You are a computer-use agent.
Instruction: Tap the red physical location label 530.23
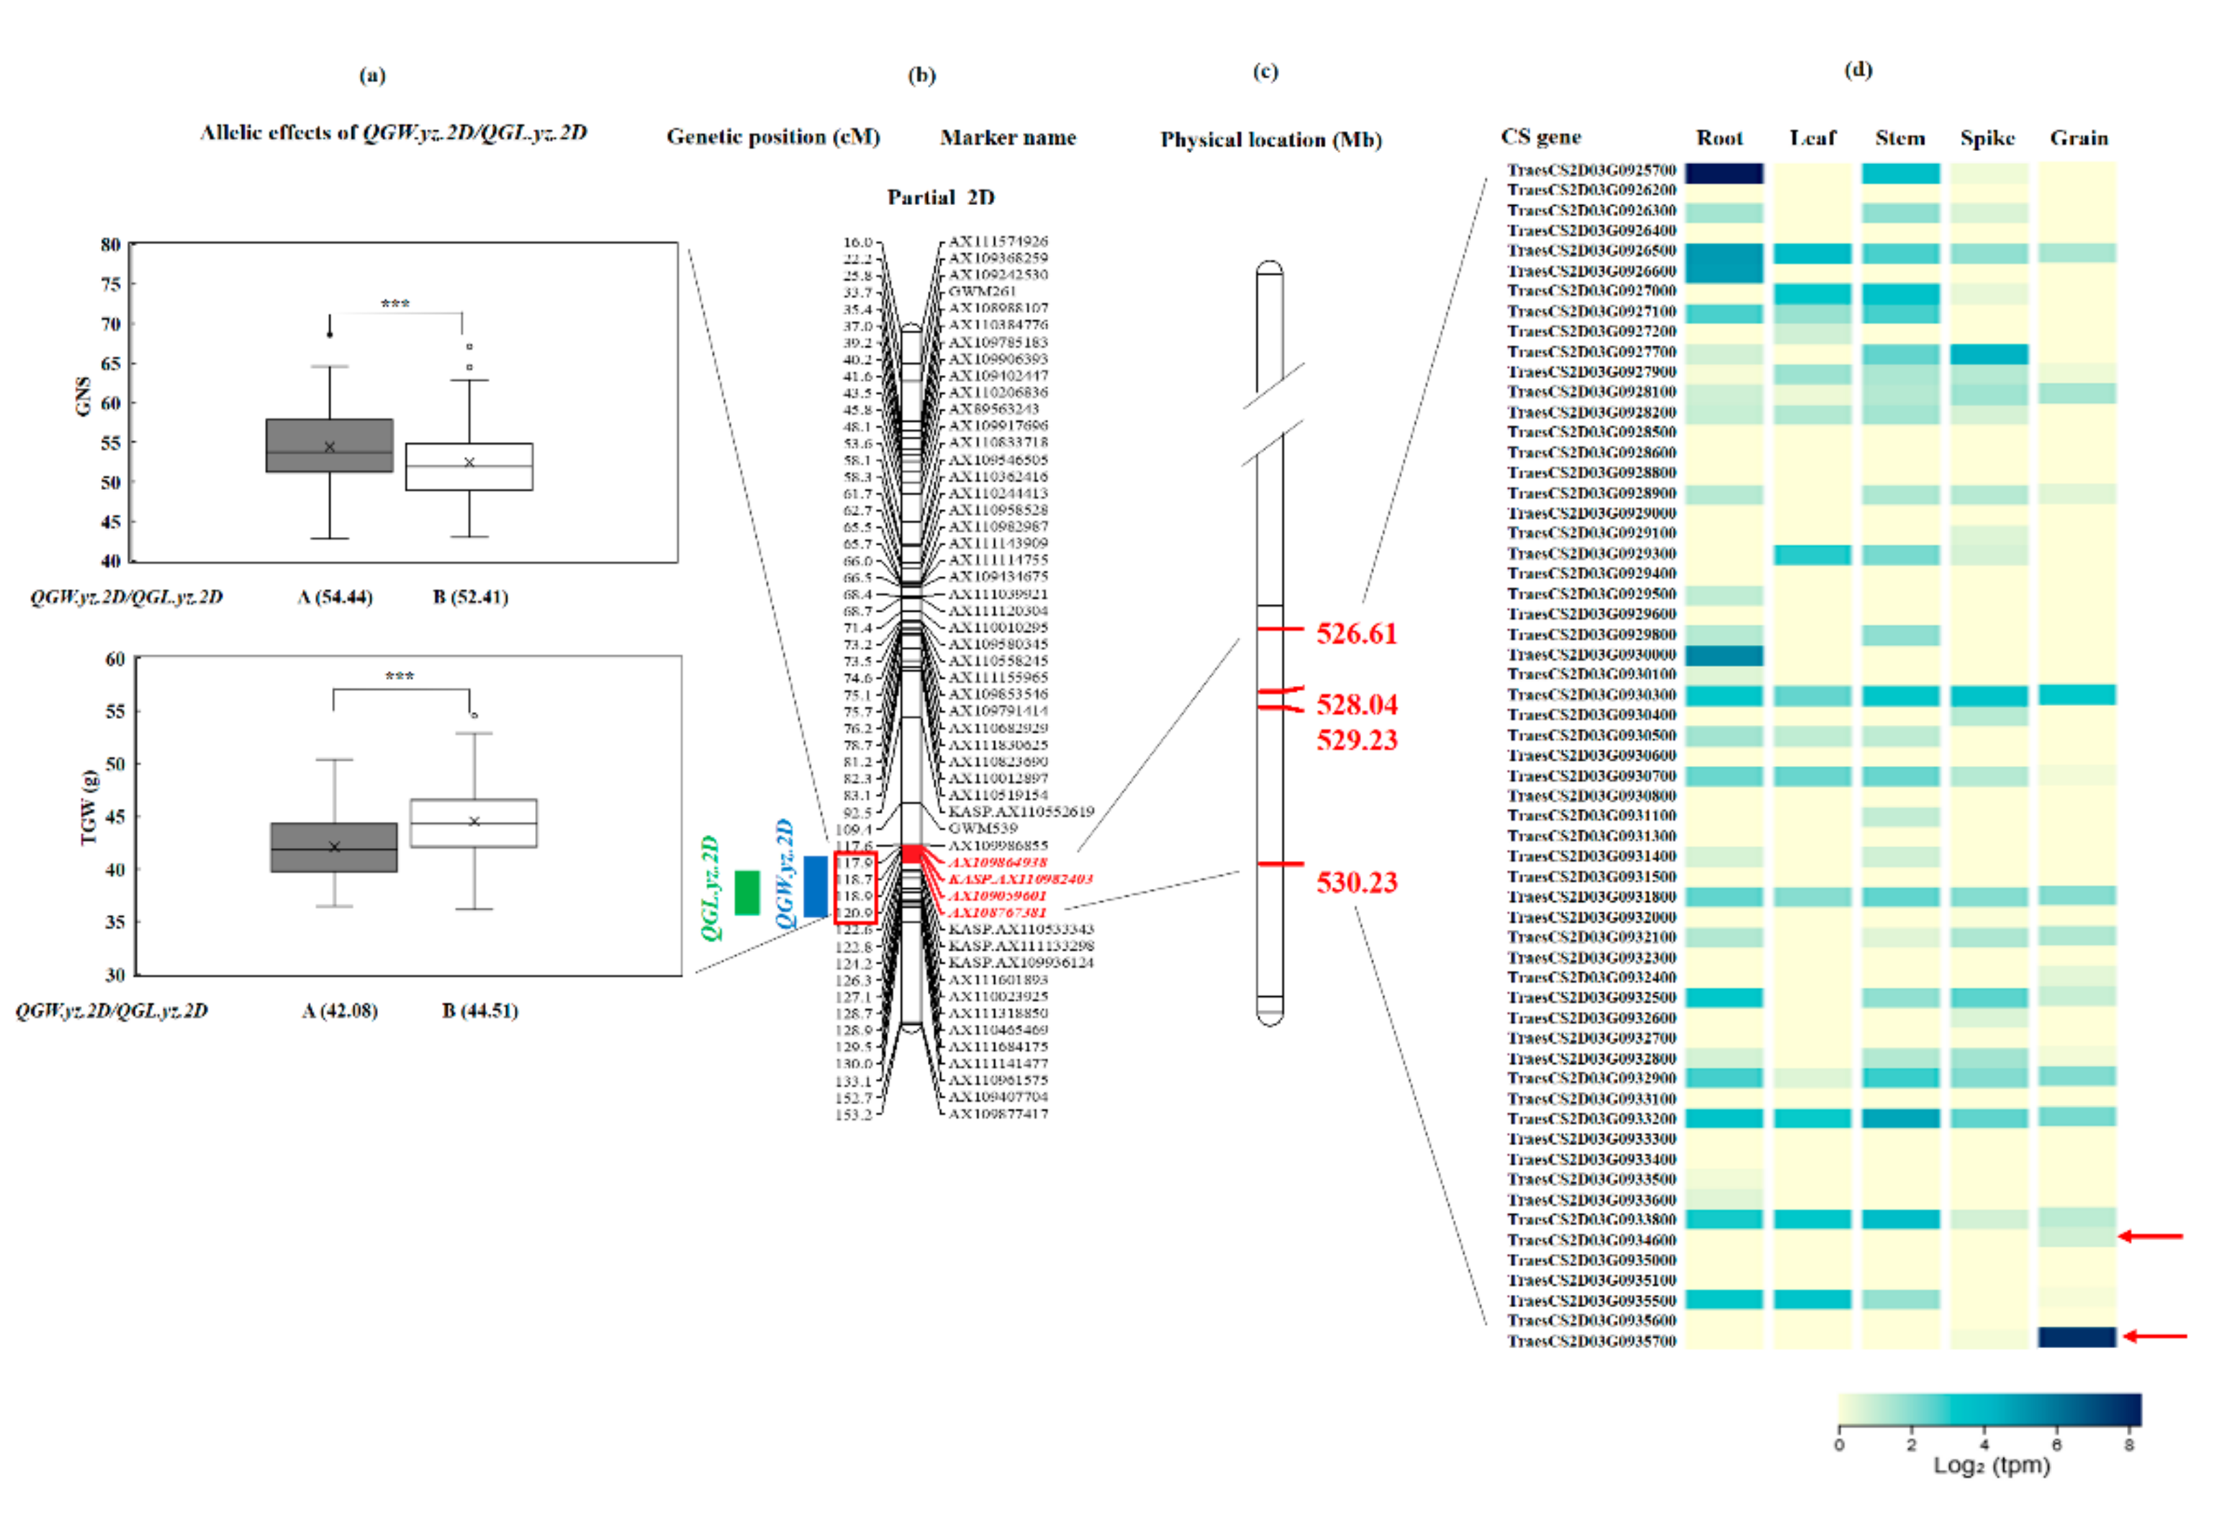[1356, 881]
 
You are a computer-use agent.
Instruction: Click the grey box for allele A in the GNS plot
[329, 446]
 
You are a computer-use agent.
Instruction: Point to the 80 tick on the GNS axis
[111, 245]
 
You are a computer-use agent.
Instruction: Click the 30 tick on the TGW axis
[115, 974]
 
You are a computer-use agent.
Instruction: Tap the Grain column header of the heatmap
[2079, 137]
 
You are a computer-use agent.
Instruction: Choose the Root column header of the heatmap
[1719, 137]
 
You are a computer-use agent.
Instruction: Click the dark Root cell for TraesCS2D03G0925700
[1724, 173]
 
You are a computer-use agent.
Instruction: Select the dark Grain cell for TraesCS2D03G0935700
[2076, 1337]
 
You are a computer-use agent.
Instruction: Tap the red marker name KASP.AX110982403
[1019, 879]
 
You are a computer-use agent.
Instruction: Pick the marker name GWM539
[983, 828]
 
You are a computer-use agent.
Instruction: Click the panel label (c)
[1265, 72]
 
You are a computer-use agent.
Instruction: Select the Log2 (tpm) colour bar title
[1992, 1466]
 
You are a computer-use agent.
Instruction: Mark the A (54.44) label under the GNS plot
[335, 597]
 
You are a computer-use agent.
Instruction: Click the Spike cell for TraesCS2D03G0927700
[1989, 354]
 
